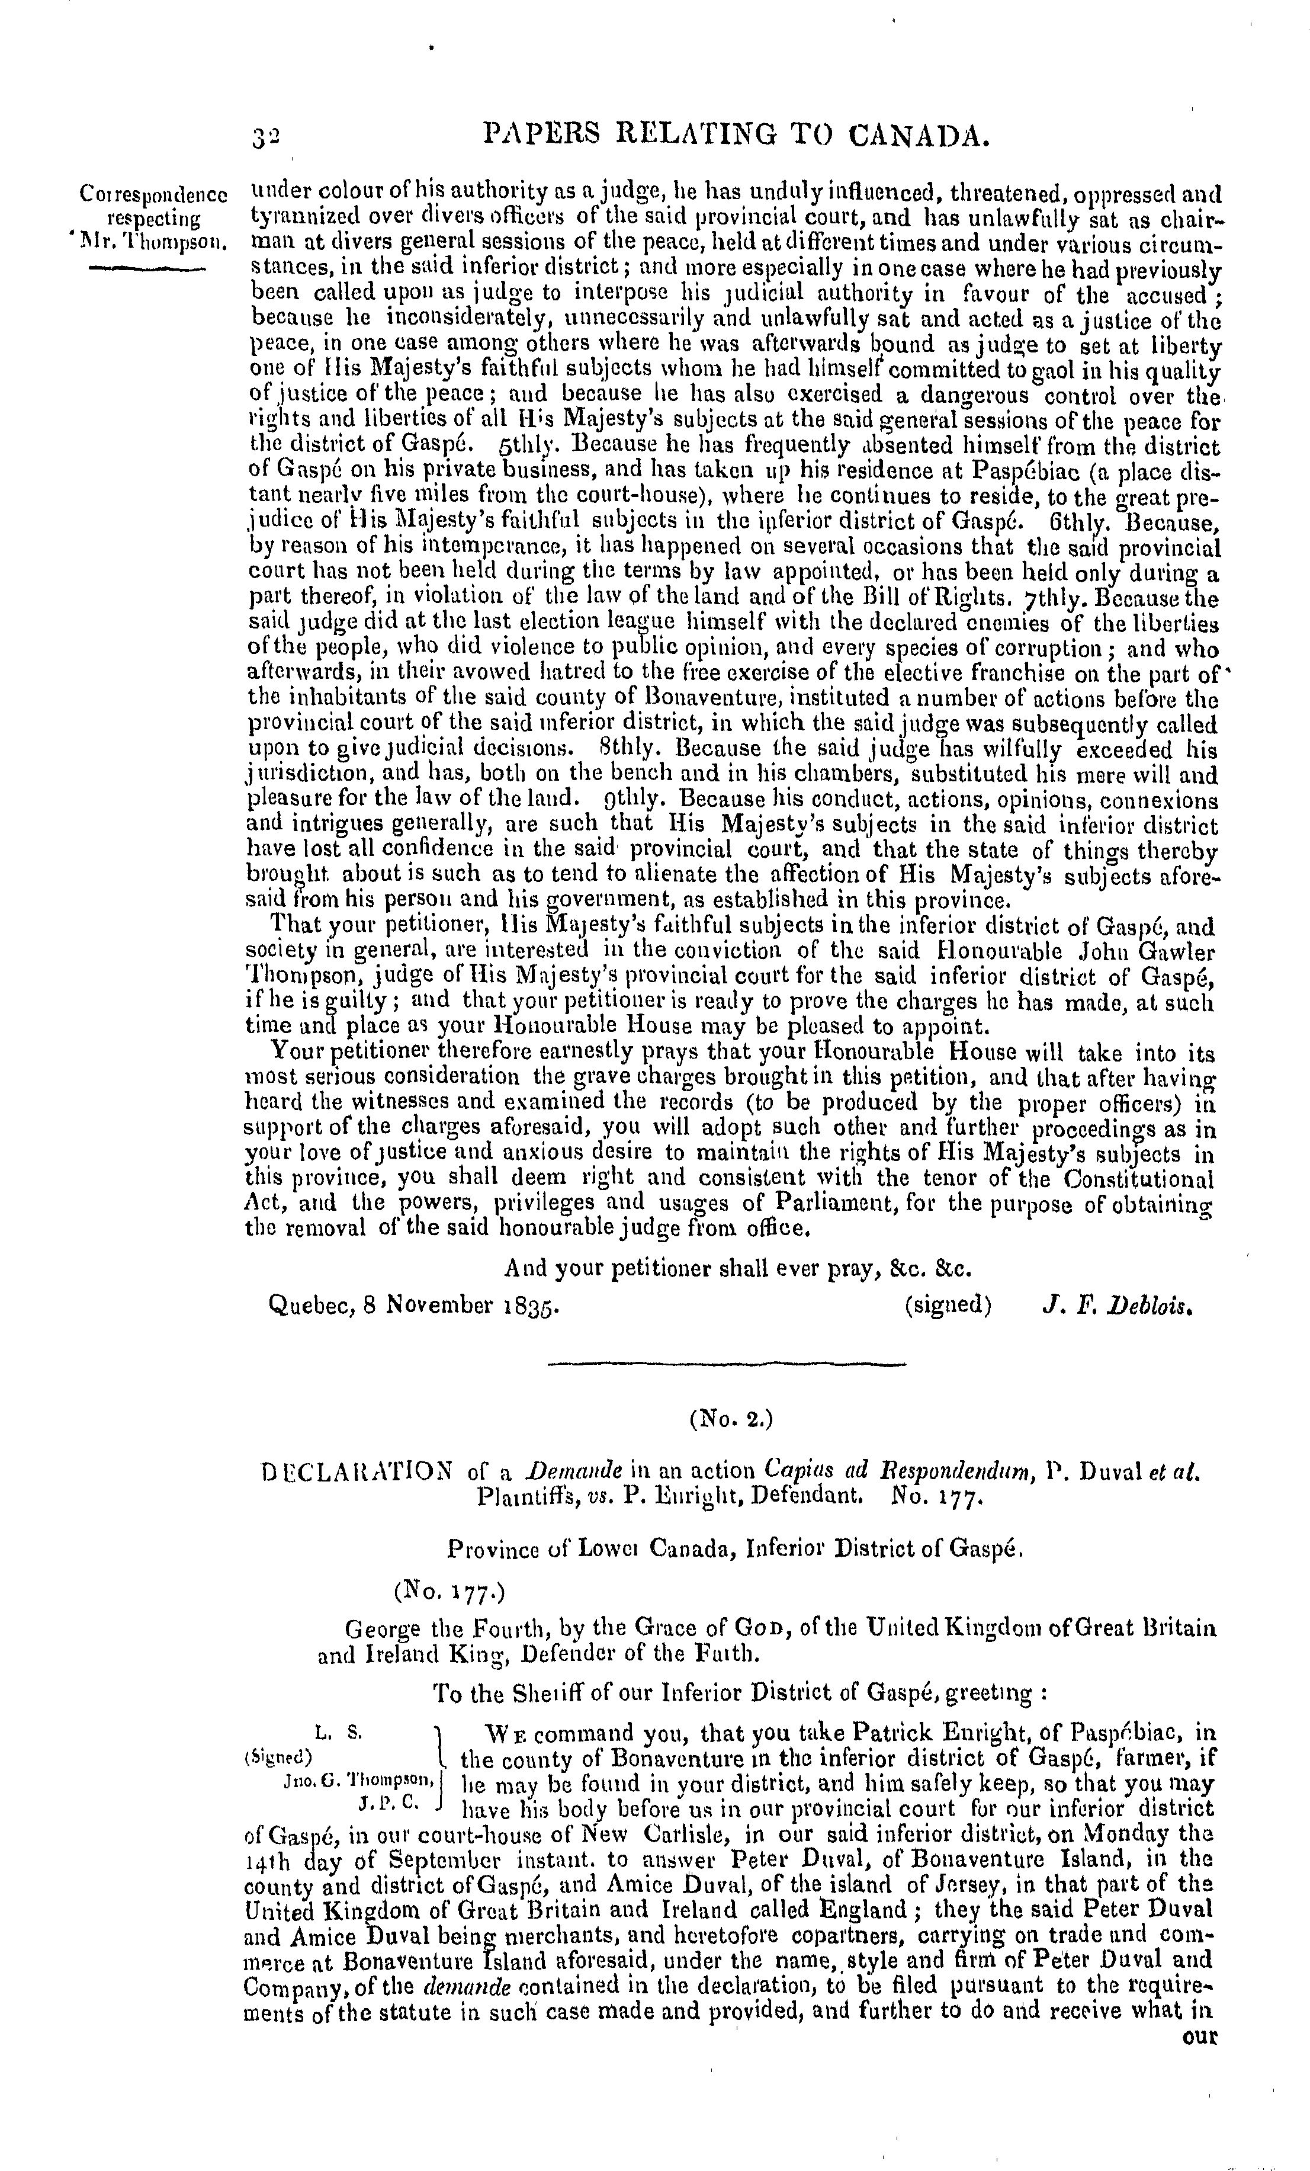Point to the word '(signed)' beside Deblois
tap(947, 1304)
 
